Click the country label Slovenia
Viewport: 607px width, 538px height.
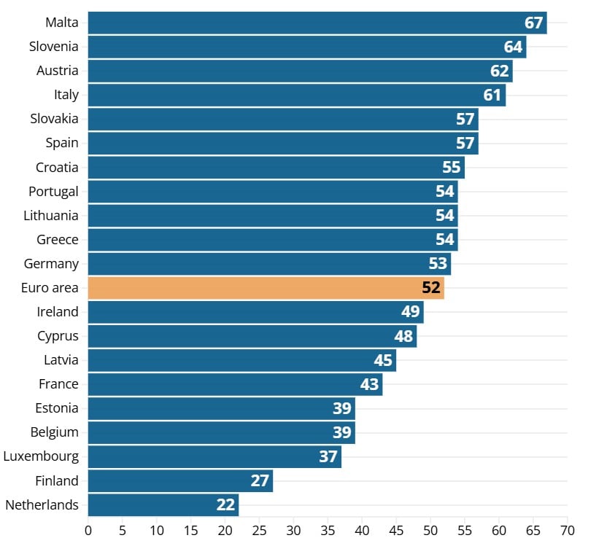pyautogui.click(x=53, y=47)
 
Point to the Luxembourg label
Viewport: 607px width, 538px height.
pyautogui.click(x=41, y=456)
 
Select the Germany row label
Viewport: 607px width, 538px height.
pyautogui.click(x=51, y=264)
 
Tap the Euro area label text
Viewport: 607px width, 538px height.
pyautogui.click(x=50, y=288)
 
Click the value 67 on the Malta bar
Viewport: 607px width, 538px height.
pyautogui.click(x=534, y=23)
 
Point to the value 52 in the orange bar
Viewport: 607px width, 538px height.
pyautogui.click(x=431, y=288)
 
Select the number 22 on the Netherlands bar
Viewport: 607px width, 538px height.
pyautogui.click(x=225, y=504)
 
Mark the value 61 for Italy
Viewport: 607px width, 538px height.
pyautogui.click(x=492, y=95)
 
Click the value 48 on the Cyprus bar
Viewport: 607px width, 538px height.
pyautogui.click(x=403, y=336)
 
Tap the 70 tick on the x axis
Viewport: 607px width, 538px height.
pyautogui.click(x=568, y=530)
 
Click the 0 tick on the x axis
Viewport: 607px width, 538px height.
pyautogui.click(x=88, y=530)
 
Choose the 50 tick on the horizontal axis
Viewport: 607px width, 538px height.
pyautogui.click(x=430, y=530)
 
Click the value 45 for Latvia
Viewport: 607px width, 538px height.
pyautogui.click(x=383, y=360)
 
